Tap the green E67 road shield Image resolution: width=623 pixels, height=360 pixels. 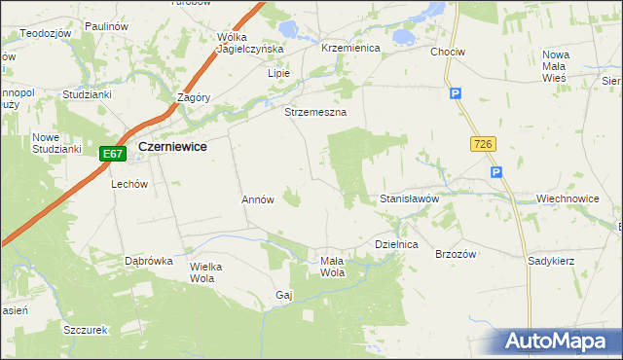click(x=113, y=154)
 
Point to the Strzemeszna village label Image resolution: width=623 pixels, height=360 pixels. click(x=315, y=112)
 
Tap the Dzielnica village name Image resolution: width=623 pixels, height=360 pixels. click(x=396, y=245)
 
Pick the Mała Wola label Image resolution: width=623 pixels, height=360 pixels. click(x=333, y=267)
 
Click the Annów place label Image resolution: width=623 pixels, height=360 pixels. click(x=258, y=198)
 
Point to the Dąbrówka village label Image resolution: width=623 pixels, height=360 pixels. click(x=148, y=261)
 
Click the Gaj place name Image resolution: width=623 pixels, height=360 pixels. click(x=284, y=295)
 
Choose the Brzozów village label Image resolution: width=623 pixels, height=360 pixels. click(x=455, y=253)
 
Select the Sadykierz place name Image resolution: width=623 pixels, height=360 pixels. click(x=551, y=262)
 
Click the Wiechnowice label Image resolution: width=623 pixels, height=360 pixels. click(x=567, y=198)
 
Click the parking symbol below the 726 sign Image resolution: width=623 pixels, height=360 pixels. click(x=496, y=172)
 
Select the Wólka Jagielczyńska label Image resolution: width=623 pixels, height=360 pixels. click(x=249, y=42)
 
